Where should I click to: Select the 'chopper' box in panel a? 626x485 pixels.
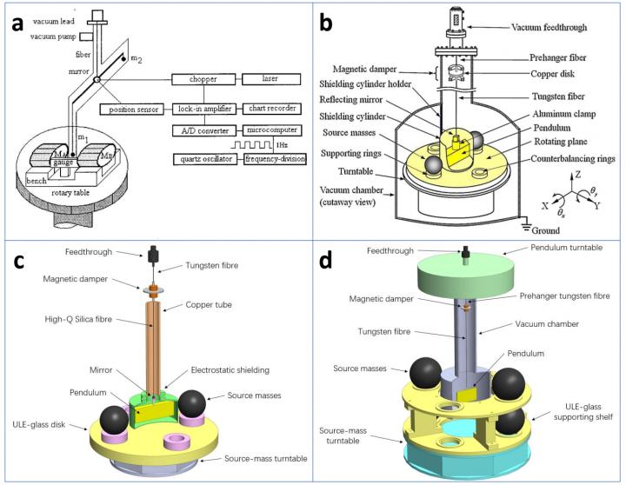[207, 79]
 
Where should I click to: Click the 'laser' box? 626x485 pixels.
[275, 79]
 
